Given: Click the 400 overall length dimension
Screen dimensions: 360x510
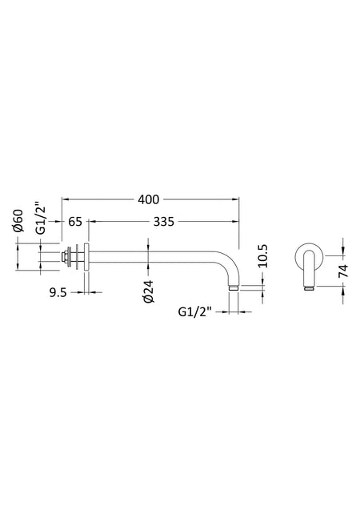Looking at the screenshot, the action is point(149,199).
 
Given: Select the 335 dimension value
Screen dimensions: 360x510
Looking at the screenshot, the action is point(164,222).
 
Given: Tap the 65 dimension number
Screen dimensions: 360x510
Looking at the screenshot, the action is point(75,222).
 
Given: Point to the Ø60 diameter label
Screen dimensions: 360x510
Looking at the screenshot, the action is point(19,221).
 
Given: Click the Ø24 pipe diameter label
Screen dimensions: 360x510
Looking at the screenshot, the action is point(149,291).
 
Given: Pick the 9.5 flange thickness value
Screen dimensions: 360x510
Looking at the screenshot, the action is point(58,293).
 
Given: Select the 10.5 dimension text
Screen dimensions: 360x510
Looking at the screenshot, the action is point(263,256).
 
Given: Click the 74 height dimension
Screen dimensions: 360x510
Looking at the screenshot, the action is point(343,271).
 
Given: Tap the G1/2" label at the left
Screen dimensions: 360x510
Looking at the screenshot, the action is point(41,219).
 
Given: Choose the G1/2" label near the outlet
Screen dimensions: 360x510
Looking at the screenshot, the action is point(195,312).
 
